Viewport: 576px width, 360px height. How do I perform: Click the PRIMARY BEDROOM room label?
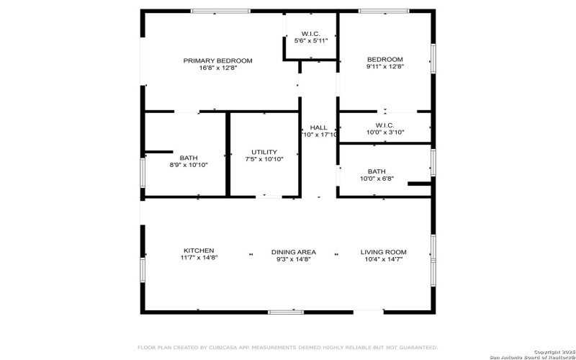pyautogui.click(x=217, y=60)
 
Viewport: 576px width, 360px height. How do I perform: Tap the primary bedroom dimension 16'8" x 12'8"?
pyautogui.click(x=217, y=68)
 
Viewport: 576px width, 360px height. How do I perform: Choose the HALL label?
pyautogui.click(x=318, y=127)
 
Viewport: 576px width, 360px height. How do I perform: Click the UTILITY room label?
pyautogui.click(x=264, y=152)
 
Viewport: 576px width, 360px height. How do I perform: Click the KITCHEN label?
pyautogui.click(x=198, y=251)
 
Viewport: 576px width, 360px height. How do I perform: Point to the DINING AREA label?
pyautogui.click(x=294, y=252)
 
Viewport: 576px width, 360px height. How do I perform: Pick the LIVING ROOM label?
pyautogui.click(x=383, y=252)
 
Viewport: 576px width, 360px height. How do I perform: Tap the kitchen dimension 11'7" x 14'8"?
pyautogui.click(x=198, y=259)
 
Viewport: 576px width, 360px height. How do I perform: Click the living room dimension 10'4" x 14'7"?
pyautogui.click(x=383, y=259)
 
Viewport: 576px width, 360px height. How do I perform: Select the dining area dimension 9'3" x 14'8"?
pyautogui.click(x=294, y=259)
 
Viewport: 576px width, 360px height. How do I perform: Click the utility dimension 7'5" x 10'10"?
pyautogui.click(x=264, y=159)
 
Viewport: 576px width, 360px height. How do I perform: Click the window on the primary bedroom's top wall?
pyautogui.click(x=220, y=11)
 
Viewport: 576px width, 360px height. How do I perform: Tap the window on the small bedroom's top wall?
pyautogui.click(x=384, y=11)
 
